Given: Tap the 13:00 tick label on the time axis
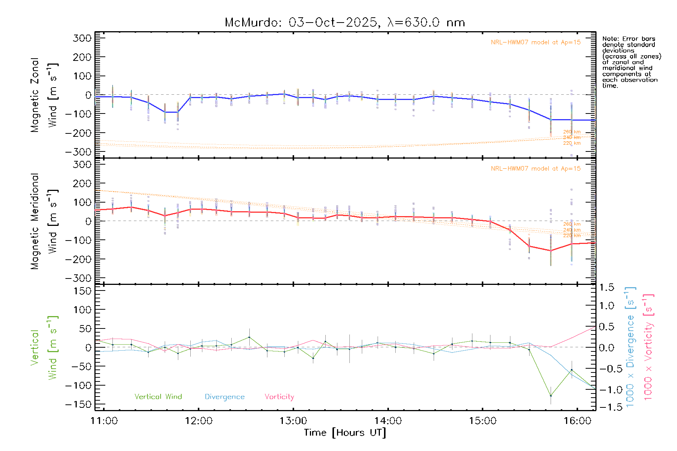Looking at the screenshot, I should (293, 421).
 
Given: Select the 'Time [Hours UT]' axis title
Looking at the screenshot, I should (345, 433).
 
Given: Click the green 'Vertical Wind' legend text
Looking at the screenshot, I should (158, 397).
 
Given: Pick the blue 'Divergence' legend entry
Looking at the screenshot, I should (225, 397).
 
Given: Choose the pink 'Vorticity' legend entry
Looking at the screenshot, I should (279, 397).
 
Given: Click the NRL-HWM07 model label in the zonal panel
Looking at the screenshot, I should (536, 42).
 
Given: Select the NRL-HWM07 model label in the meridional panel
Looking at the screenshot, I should (536, 169).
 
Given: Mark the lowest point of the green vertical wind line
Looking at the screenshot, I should (551, 396).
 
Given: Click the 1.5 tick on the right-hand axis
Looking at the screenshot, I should (606, 288).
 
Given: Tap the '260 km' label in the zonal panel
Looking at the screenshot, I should (572, 132).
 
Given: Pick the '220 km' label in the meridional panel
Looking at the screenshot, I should (572, 236).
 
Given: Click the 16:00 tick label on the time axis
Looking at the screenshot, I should (577, 421).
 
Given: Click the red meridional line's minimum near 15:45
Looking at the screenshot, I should (551, 251).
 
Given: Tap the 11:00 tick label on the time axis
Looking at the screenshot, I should (104, 421).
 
